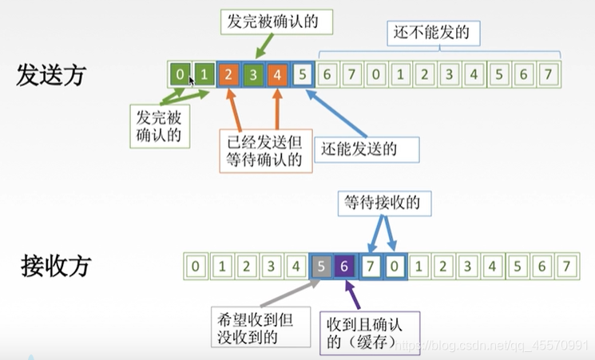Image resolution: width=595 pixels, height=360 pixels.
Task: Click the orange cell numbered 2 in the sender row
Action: [x=228, y=75]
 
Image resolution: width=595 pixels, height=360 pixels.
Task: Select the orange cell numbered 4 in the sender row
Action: [x=277, y=75]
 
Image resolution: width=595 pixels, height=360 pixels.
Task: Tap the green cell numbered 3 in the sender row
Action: [x=253, y=75]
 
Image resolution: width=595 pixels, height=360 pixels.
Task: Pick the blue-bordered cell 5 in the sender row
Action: [x=302, y=75]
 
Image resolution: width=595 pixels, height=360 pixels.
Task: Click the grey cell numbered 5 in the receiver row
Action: [x=320, y=265]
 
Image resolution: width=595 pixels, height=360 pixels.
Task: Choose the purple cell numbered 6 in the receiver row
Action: [x=344, y=265]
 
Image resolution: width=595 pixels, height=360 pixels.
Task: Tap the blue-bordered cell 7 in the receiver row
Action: [x=370, y=265]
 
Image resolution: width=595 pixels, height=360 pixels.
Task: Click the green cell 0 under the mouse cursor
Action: [x=180, y=75]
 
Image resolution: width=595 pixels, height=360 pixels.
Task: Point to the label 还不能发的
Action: [x=426, y=34]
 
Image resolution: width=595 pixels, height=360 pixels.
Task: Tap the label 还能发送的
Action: [x=358, y=148]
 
